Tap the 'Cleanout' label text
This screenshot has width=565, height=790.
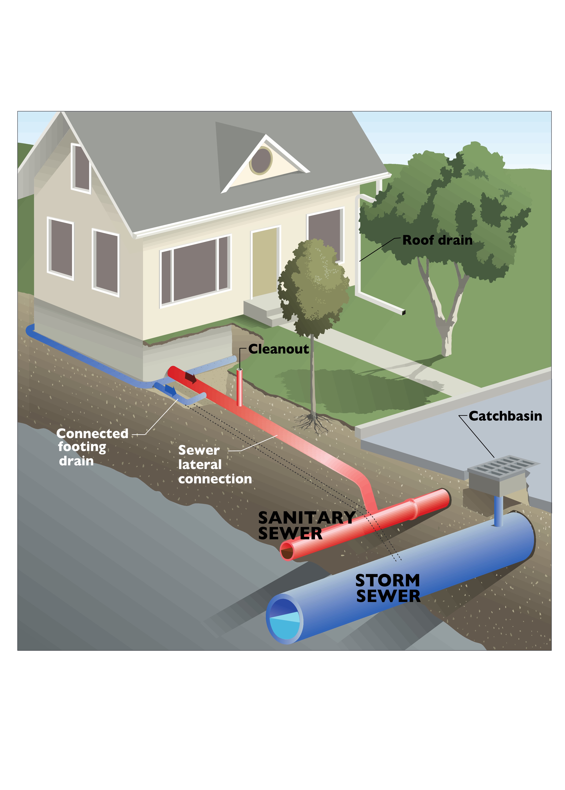click(278, 349)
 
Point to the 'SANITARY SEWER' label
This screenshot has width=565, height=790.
click(306, 525)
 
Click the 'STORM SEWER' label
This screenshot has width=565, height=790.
click(387, 588)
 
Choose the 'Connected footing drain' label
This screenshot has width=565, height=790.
click(92, 447)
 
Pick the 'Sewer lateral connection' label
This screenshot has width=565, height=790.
click(215, 464)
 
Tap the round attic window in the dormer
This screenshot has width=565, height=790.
click(261, 160)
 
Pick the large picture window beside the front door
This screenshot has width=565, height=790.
click(196, 271)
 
